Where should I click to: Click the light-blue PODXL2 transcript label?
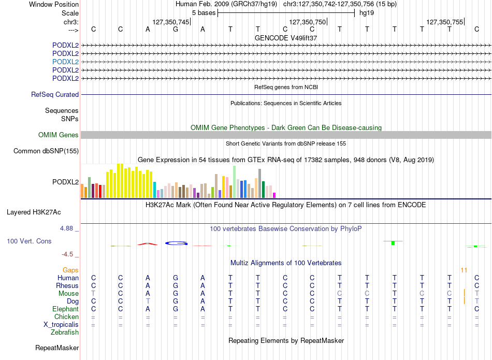(x=66, y=62)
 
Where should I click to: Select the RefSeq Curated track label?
(x=55, y=94)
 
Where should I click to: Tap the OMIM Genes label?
(x=59, y=135)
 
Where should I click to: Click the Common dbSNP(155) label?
(x=46, y=151)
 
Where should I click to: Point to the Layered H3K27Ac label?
(x=34, y=212)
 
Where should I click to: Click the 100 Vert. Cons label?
(x=29, y=241)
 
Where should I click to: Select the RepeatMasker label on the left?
(x=57, y=348)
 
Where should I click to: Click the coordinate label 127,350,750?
(x=308, y=22)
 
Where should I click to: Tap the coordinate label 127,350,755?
(x=445, y=22)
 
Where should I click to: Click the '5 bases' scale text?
(x=204, y=13)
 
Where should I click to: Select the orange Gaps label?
(x=70, y=270)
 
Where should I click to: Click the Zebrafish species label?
(x=65, y=332)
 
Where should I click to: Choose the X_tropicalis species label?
(x=61, y=325)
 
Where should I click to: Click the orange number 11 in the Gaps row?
(x=464, y=270)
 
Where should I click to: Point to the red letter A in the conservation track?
(x=148, y=244)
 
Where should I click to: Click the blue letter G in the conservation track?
(x=176, y=243)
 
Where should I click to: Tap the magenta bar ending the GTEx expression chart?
(x=274, y=195)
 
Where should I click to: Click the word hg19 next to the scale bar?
(x=367, y=13)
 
